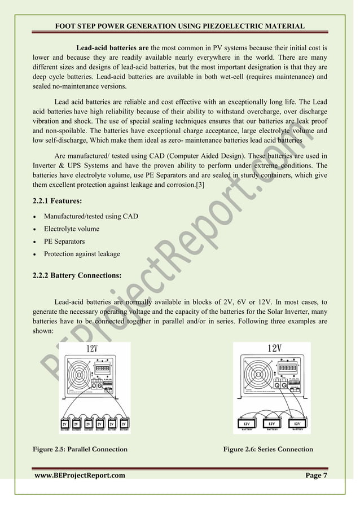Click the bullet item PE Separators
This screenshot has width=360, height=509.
point(64,242)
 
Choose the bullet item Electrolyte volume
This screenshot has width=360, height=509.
point(72,229)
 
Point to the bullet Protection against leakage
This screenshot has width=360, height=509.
point(82,254)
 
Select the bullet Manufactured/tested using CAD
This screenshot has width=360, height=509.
point(91,216)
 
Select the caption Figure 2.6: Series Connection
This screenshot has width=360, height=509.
point(268,449)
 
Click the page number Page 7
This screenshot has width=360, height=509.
point(316,476)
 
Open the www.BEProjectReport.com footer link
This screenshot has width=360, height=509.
point(80,476)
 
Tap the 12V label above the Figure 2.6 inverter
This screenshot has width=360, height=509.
point(274,348)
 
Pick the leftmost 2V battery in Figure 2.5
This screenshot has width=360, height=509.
point(64,424)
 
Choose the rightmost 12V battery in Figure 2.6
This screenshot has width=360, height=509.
point(298,424)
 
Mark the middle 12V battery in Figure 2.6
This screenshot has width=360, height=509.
point(272,424)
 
